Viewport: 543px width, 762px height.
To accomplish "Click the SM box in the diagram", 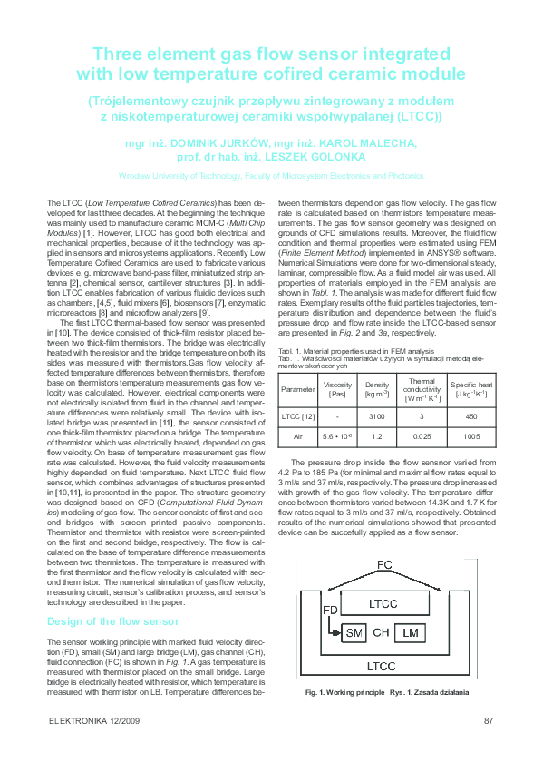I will [x=353, y=632].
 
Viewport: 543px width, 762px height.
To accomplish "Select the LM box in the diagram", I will [x=411, y=632].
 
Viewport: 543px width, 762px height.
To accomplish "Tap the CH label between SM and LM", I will [x=382, y=632].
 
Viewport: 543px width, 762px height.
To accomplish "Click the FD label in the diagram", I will [x=329, y=609].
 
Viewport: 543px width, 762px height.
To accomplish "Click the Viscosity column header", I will [x=337, y=390].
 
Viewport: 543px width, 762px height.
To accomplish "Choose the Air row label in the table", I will [x=298, y=437].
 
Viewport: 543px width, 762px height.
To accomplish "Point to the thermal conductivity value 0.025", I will [x=422, y=437].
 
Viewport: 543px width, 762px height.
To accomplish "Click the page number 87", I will [x=489, y=721].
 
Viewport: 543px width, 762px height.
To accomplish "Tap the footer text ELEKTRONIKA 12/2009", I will [x=95, y=721].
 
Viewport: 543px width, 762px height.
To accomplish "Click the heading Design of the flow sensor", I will [x=112, y=621].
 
